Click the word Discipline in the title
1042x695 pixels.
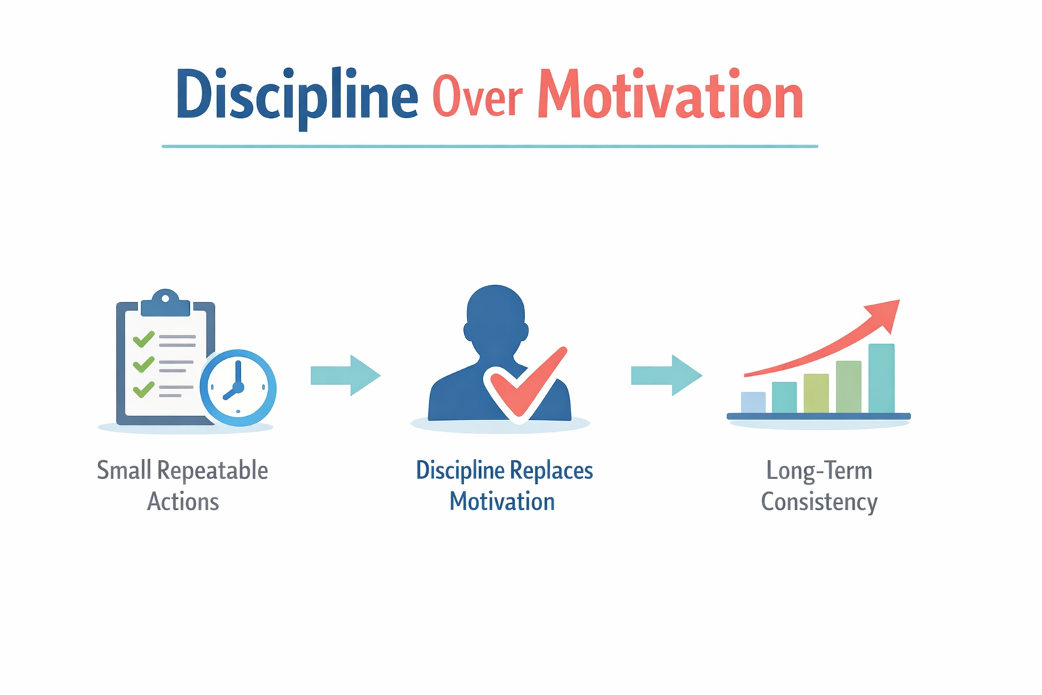[x=296, y=98]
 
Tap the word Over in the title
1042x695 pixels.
[x=478, y=96]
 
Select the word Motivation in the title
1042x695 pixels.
[x=670, y=94]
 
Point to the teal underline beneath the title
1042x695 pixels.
[x=490, y=146]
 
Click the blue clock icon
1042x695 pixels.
[x=238, y=388]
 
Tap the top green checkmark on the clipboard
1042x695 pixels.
[x=143, y=339]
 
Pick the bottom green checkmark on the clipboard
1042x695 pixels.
[x=143, y=389]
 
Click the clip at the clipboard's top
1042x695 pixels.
[x=165, y=303]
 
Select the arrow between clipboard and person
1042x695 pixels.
[x=345, y=375]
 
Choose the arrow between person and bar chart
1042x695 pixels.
[x=667, y=375]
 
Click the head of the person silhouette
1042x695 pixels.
[x=496, y=317]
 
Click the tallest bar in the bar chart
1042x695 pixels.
[x=881, y=378]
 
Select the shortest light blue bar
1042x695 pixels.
[x=753, y=402]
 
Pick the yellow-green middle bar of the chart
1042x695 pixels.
[x=816, y=394]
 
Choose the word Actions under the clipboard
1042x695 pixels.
[x=183, y=502]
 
